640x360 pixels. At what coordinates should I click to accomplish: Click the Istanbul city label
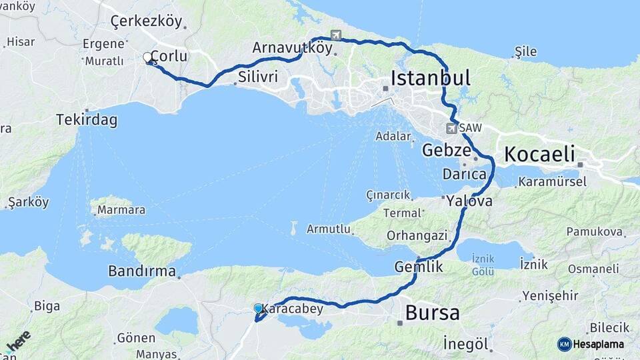(430, 78)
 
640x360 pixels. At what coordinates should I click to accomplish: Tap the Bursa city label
(432, 312)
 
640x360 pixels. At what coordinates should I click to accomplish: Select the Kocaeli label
(539, 154)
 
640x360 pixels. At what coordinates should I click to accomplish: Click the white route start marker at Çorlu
(148, 57)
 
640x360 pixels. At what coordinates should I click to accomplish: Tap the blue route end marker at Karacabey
(258, 308)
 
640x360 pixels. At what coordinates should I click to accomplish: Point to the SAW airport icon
(453, 127)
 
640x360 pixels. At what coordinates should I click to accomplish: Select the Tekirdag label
(87, 120)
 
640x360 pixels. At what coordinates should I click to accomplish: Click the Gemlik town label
(419, 266)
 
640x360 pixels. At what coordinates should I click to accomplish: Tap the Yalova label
(469, 201)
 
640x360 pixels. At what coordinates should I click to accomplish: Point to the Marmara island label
(121, 210)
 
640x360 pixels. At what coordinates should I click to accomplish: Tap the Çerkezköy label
(146, 21)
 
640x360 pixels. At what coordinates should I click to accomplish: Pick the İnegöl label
(467, 344)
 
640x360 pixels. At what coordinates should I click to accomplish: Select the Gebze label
(446, 150)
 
